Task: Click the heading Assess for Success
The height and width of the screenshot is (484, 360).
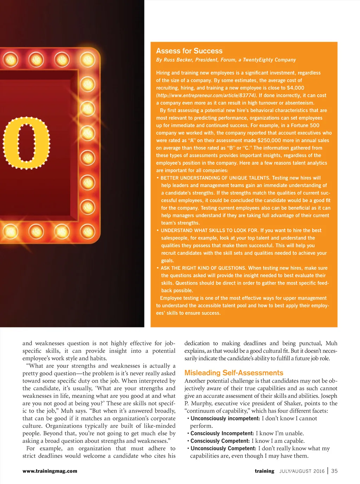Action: [x=189, y=51]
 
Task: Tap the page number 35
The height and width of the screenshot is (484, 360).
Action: [x=334, y=471]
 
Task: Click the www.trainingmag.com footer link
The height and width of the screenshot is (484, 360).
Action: [x=50, y=471]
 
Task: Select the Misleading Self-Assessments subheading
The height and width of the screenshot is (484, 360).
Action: [x=234, y=373]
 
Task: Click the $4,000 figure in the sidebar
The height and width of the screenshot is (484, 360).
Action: [x=295, y=88]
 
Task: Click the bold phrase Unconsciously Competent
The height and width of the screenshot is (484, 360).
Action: [x=223, y=448]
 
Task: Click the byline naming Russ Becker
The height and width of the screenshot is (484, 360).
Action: [x=226, y=60]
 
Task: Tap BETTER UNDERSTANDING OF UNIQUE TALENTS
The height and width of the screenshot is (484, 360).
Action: [x=215, y=178]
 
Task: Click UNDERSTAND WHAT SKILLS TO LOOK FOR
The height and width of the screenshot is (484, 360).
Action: [x=209, y=230]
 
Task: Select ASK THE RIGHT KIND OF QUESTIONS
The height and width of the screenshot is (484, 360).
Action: [x=203, y=268]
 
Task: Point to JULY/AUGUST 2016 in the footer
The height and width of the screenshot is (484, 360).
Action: [x=302, y=471]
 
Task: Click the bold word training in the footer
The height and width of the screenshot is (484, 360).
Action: [x=264, y=471]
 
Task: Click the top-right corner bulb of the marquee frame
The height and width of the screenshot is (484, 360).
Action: [x=87, y=60]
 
